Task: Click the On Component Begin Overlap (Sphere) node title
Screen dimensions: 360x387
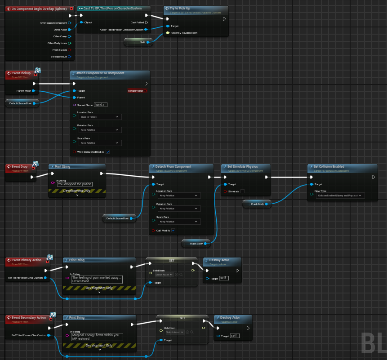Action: [x=36, y=9]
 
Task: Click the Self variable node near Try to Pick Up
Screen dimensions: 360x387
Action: [x=138, y=42]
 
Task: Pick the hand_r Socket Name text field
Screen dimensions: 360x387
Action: [x=100, y=105]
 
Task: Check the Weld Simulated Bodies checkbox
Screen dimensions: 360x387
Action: [x=107, y=152]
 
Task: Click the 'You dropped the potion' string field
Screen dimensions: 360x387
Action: [x=75, y=184]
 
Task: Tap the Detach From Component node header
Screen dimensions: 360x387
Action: [x=173, y=167]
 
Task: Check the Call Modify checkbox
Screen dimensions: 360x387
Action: [x=173, y=231]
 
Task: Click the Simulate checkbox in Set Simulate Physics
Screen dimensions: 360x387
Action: [x=242, y=191]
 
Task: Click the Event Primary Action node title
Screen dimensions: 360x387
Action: [x=27, y=260]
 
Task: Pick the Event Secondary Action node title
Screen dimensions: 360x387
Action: [x=29, y=318]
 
